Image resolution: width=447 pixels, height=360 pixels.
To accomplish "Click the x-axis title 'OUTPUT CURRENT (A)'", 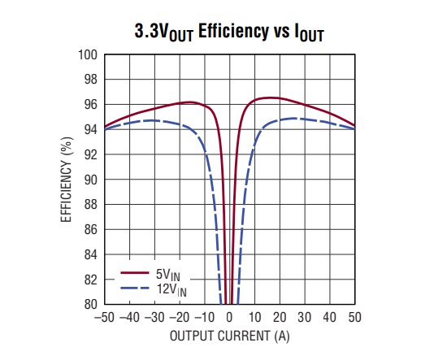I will (230, 335).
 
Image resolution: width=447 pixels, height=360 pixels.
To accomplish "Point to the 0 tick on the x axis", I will (230, 317).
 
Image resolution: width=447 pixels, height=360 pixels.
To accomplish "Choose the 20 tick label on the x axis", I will (280, 317).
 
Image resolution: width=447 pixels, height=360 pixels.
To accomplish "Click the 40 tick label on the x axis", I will (330, 317).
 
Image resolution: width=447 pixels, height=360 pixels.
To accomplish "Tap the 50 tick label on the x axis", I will (355, 317).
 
